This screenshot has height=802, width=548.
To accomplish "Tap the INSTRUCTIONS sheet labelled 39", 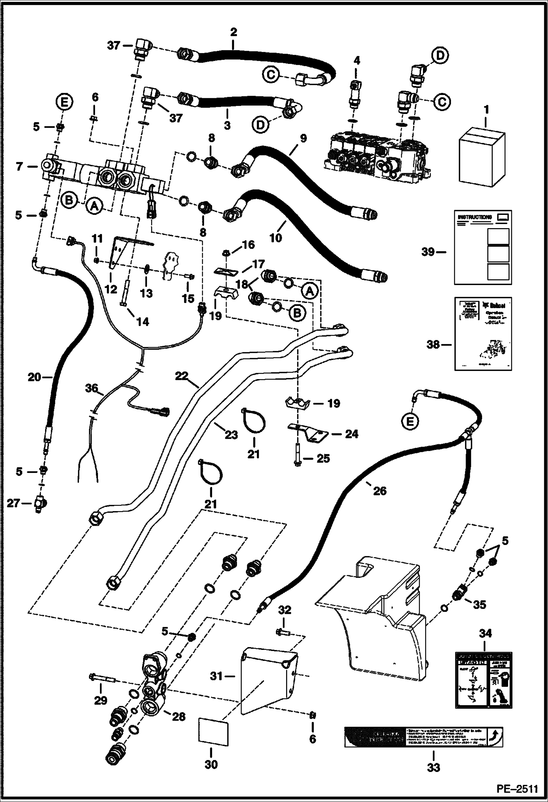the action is pos(483,247).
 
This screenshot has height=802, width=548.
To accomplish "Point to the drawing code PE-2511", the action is pos(517,789).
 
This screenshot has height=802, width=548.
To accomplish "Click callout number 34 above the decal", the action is pos(485,633).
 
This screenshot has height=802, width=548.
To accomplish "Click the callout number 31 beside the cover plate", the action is pos(217,676).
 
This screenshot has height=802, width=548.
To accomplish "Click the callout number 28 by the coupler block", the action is pos(179,717).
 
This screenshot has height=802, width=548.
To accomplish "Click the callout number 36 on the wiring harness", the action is pos(91,388).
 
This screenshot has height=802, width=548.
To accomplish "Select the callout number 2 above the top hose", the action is pos(233,32).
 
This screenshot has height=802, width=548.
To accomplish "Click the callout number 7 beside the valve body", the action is pos(19,167).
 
